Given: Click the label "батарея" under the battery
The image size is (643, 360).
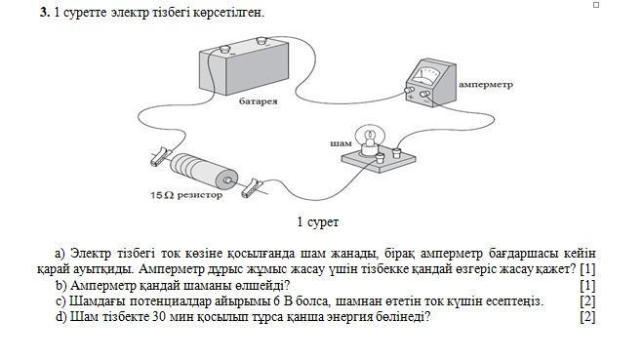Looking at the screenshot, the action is point(258,100).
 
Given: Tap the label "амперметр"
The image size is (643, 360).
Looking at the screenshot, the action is point(486,85).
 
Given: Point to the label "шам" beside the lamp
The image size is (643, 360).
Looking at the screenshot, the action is point(341,143).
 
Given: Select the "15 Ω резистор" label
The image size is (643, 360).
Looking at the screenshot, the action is point(186,195).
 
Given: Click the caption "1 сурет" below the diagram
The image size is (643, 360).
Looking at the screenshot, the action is point(318,222).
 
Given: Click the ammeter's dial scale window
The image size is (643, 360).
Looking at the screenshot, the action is point(426,76).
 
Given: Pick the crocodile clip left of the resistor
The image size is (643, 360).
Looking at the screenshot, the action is point(160,156).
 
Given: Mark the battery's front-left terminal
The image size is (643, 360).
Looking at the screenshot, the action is point(224,50).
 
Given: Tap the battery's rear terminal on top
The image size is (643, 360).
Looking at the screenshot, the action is point(261,40).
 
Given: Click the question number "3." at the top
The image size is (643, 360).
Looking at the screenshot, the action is point(45,13).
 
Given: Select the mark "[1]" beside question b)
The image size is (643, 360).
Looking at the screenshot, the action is point(587,285).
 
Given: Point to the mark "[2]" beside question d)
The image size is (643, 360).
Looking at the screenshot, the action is point(587,316).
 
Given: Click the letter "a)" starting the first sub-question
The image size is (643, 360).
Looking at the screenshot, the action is point(60,254).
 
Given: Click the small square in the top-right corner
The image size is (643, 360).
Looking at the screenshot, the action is point(596,5).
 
